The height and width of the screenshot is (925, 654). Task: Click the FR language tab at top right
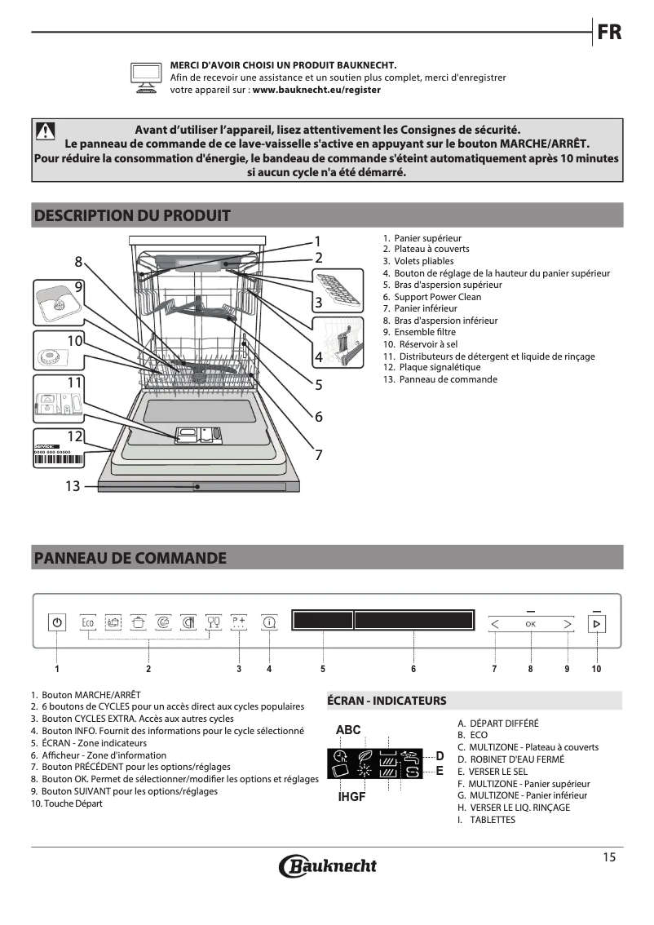[x=609, y=33]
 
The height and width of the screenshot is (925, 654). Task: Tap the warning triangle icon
[x=45, y=131]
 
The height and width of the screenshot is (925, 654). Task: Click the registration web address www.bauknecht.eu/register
[x=316, y=91]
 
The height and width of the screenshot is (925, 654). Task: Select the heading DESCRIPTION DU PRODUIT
[x=132, y=216]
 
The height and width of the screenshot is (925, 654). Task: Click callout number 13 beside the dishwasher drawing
[x=73, y=486]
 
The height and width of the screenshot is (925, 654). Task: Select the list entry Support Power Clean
[x=437, y=297]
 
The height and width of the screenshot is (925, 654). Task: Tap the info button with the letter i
[x=269, y=622]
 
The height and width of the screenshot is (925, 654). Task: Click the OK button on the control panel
[x=531, y=623]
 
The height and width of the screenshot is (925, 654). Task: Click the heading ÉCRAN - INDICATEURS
[x=387, y=701]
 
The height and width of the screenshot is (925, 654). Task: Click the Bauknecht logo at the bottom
[x=328, y=865]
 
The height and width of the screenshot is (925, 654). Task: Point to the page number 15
[x=609, y=856]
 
